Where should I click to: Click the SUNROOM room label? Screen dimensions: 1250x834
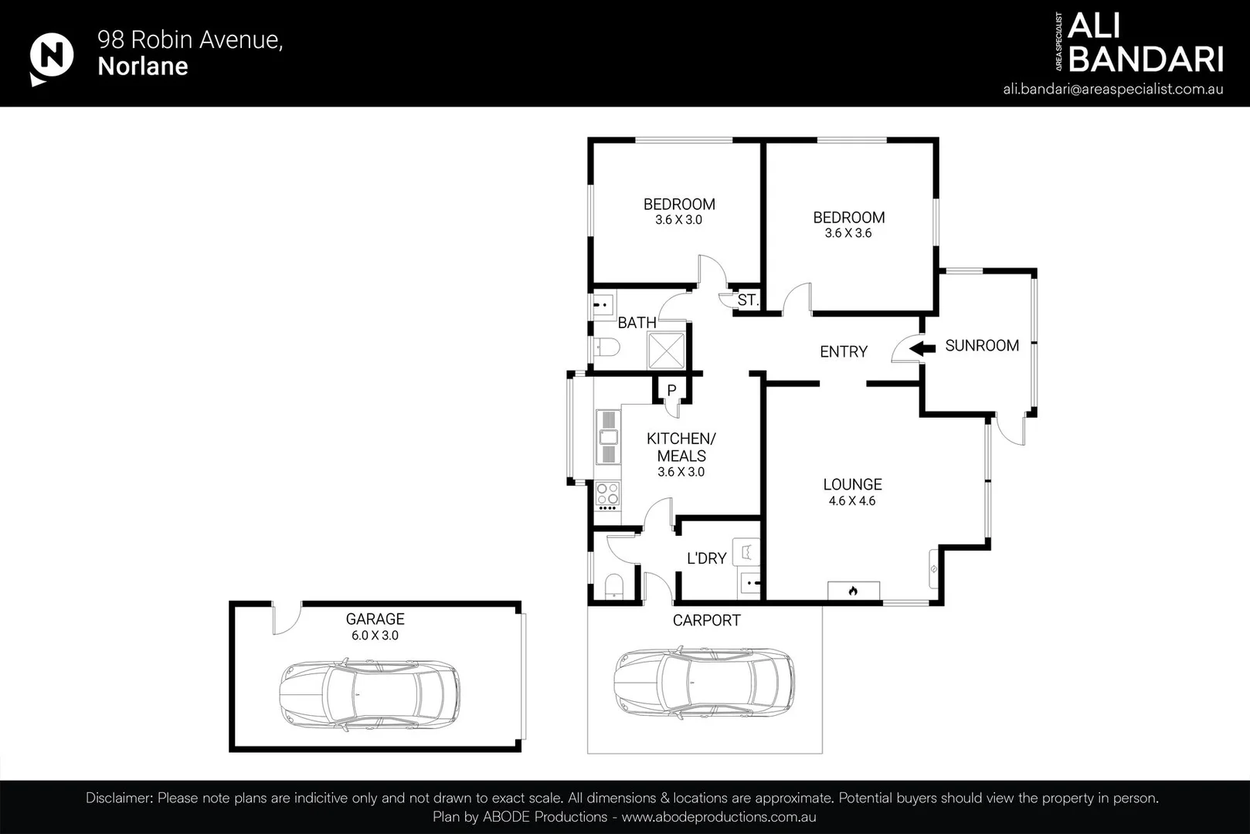point(982,346)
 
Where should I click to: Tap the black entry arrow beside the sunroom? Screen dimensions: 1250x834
point(922,349)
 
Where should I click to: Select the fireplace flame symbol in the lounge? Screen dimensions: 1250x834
point(853,591)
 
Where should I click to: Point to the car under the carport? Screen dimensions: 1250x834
point(705,683)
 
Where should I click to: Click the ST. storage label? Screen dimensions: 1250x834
point(749,300)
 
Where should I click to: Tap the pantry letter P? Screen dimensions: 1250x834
point(672,391)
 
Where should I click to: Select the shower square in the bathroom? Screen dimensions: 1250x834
point(666,351)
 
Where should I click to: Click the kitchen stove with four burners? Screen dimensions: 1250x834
point(607,496)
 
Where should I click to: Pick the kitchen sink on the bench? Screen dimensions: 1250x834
point(608,437)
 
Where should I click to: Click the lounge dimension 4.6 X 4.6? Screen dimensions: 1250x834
point(852,501)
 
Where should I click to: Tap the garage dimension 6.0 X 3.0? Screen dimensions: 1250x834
point(375,636)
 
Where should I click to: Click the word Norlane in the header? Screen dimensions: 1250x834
point(143,66)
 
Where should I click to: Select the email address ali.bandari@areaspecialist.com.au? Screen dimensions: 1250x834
point(1113,90)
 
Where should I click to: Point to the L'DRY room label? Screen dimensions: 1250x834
point(706,558)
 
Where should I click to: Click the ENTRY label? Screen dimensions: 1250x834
point(844,352)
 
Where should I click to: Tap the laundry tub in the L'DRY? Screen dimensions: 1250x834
point(746,552)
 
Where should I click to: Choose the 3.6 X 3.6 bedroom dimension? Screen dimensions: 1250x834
point(848,233)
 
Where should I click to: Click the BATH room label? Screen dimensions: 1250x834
point(637,323)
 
